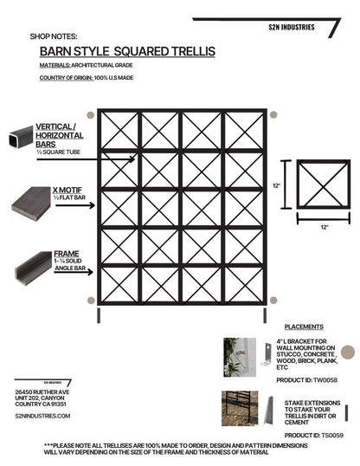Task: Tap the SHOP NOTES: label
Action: pyautogui.click(x=54, y=37)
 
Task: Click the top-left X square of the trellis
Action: pyautogui.click(x=119, y=130)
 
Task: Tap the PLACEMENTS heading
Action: pyautogui.click(x=303, y=327)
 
